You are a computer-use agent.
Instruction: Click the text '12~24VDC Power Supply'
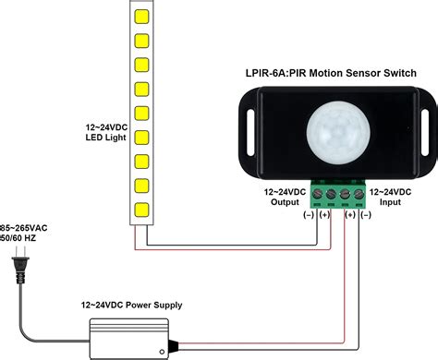pos(131,305)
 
